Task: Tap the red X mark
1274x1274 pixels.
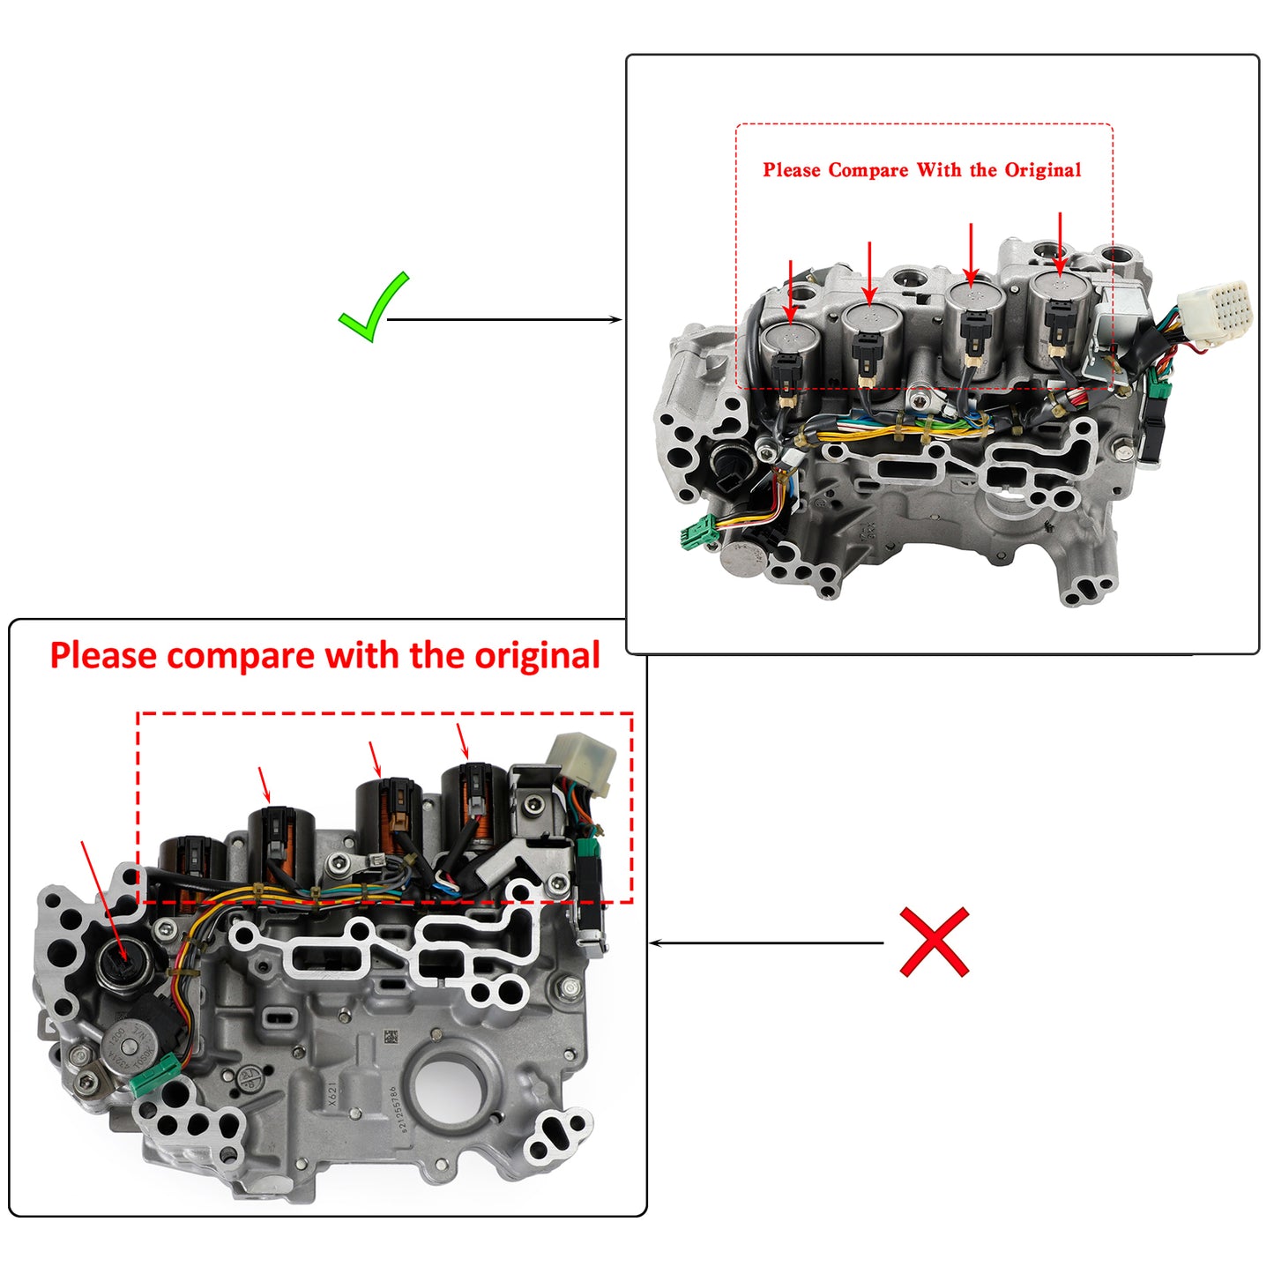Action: pos(934,942)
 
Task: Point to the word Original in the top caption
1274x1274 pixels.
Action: pos(1041,170)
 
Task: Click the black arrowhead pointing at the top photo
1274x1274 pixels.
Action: pos(616,319)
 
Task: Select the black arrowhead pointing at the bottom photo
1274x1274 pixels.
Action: pos(655,943)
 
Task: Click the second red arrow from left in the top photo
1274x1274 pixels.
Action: pos(870,273)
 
